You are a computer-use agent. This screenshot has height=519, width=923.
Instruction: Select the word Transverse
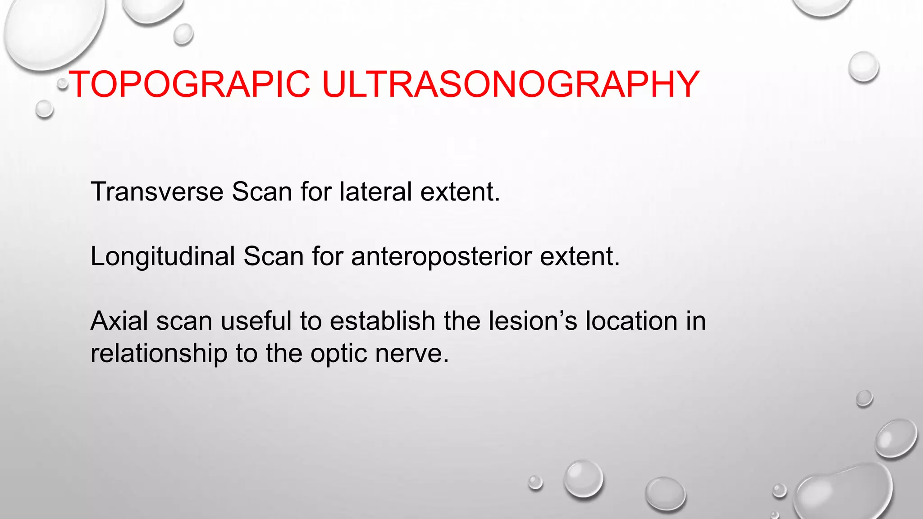[x=157, y=191]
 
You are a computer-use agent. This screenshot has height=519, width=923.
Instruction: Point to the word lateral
[x=376, y=191]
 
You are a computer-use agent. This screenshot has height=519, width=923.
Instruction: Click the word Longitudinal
[x=163, y=256]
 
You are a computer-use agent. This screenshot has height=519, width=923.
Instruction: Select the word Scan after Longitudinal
[x=274, y=256]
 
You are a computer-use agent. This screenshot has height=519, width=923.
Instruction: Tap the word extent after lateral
[x=460, y=191]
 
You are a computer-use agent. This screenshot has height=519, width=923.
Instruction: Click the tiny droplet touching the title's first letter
[x=63, y=83]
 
